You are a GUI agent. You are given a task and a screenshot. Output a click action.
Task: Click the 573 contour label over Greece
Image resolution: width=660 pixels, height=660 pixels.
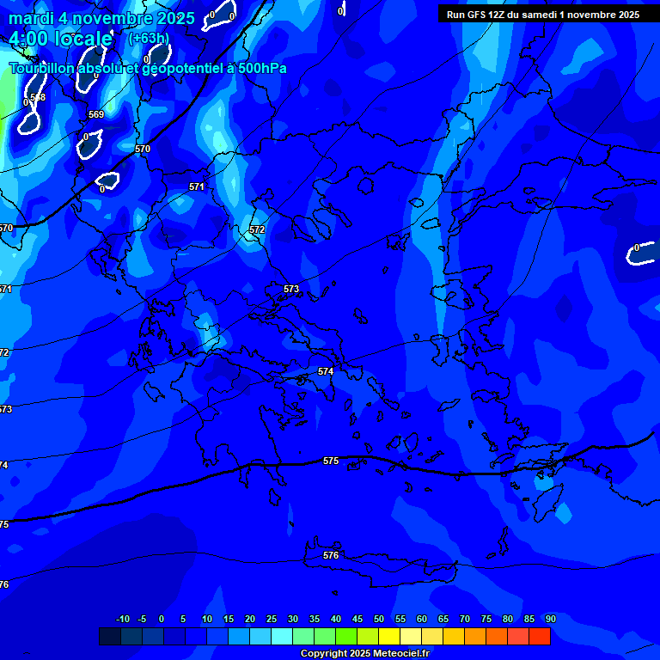[291, 290]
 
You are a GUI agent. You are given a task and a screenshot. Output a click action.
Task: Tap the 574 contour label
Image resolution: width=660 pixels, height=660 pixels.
[326, 372]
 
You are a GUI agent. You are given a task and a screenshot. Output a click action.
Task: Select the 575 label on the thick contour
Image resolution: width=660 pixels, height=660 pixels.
[331, 461]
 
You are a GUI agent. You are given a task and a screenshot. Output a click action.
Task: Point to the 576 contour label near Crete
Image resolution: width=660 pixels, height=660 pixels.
[331, 556]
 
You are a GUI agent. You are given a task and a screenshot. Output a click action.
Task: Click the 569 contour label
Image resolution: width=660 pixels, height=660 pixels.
[96, 115]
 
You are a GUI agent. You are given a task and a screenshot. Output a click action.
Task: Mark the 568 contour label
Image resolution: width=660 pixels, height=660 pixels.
[38, 98]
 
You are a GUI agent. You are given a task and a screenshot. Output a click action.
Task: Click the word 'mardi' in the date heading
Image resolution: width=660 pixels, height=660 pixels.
[31, 18]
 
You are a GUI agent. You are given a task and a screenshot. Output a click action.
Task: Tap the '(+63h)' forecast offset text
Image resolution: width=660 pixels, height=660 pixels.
[149, 39]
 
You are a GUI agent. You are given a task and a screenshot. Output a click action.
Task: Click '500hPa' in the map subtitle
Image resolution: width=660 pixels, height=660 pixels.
[257, 69]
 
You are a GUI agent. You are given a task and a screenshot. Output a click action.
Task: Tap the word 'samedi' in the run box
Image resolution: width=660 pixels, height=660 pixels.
[538, 15]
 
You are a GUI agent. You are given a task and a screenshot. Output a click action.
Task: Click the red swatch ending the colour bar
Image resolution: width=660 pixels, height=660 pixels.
[540, 637]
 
